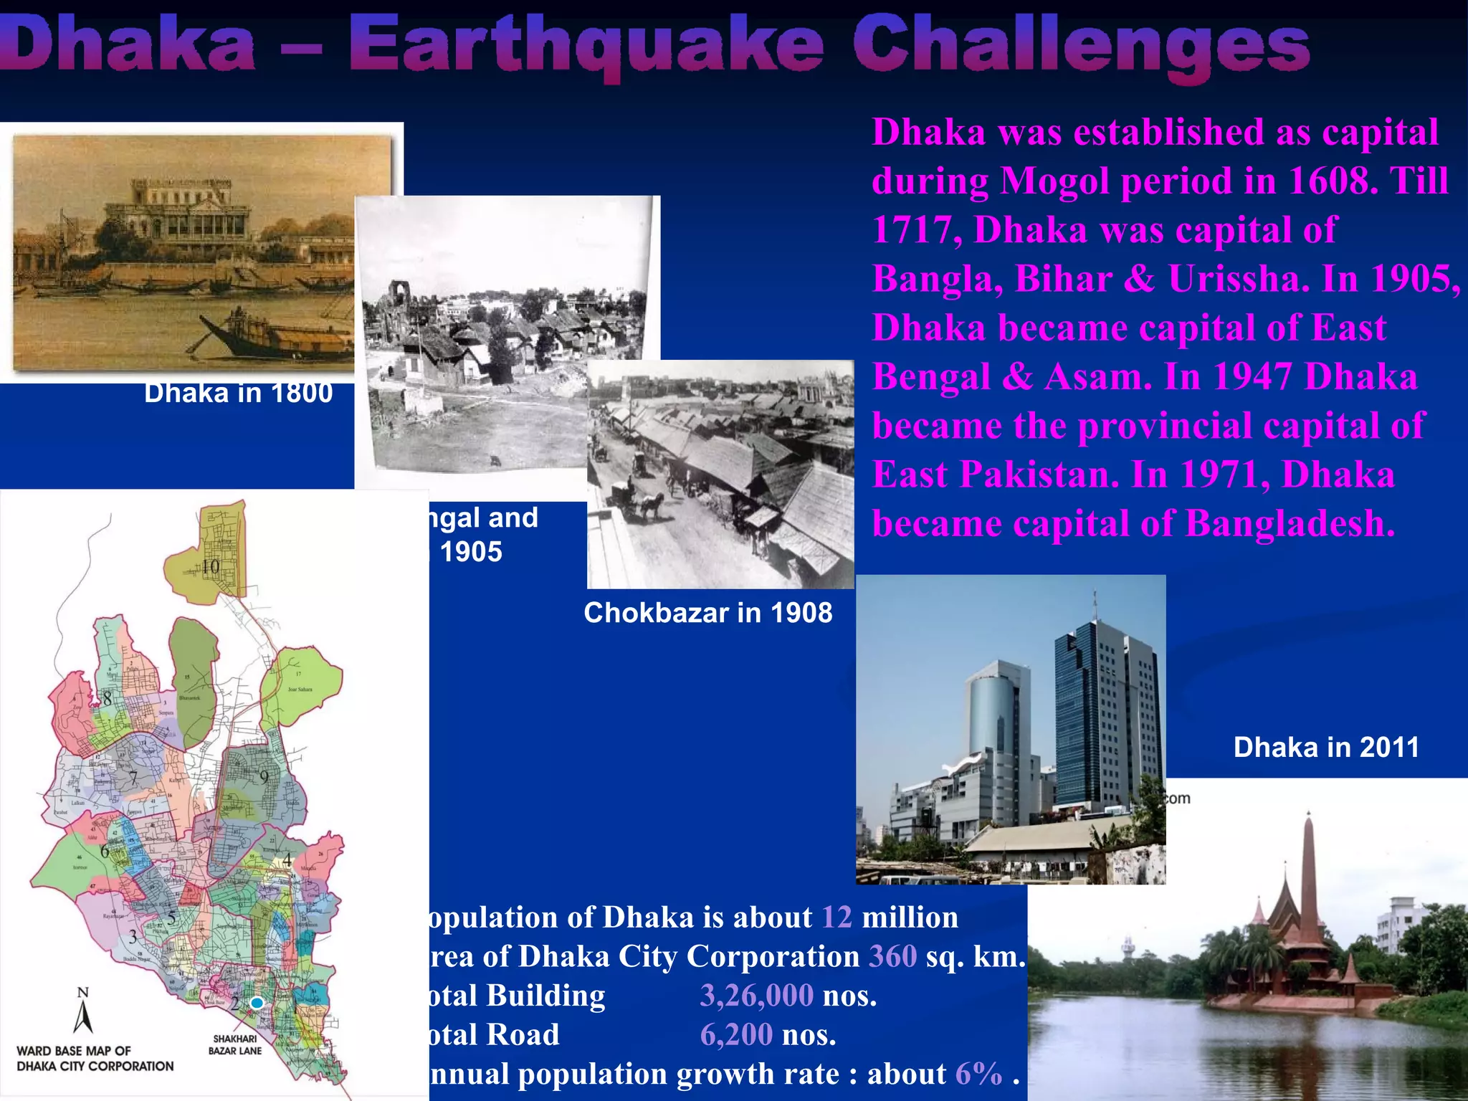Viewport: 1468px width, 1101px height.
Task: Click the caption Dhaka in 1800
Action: [238, 394]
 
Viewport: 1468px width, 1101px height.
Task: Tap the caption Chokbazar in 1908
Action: [707, 613]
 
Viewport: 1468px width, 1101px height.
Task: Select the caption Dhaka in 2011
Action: [1326, 748]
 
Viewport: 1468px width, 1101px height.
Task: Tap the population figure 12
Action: [837, 917]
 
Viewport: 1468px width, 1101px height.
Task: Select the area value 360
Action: [892, 957]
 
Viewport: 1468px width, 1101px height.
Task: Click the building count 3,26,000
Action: [756, 996]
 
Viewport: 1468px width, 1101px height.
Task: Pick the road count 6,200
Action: [736, 1034]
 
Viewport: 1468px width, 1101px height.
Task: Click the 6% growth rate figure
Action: [978, 1074]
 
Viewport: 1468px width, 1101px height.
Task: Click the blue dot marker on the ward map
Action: [257, 1004]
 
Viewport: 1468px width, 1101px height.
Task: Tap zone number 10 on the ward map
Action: [210, 567]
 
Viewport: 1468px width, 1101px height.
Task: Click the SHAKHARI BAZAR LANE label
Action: [235, 1045]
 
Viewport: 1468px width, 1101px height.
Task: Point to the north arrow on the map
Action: [83, 1011]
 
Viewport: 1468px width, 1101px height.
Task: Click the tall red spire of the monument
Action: [1309, 882]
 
